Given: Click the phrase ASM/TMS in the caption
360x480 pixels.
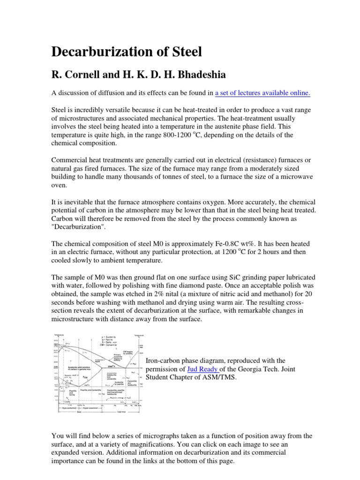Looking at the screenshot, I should click(219, 377).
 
